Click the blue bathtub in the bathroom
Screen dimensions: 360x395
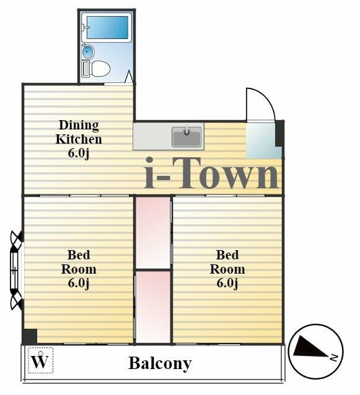click(x=107, y=27)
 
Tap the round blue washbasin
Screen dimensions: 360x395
click(x=87, y=52)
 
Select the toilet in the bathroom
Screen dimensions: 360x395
click(x=96, y=69)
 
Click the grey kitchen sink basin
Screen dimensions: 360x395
click(x=187, y=137)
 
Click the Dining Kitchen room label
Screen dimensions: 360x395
click(x=79, y=139)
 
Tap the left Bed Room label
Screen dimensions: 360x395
click(x=79, y=269)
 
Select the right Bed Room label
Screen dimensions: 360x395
click(x=227, y=269)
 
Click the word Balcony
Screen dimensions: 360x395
click(x=160, y=363)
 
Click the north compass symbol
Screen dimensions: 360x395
click(x=316, y=351)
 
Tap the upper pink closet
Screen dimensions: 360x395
click(x=153, y=233)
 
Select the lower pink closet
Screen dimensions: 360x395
click(x=153, y=307)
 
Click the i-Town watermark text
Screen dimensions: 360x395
click(x=212, y=173)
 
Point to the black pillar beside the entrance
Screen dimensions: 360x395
click(x=279, y=134)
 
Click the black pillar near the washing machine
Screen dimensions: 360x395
click(x=30, y=336)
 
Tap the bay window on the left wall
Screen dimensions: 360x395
click(x=17, y=271)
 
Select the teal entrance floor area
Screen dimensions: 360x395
click(x=263, y=141)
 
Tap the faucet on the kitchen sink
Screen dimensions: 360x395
click(x=187, y=131)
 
